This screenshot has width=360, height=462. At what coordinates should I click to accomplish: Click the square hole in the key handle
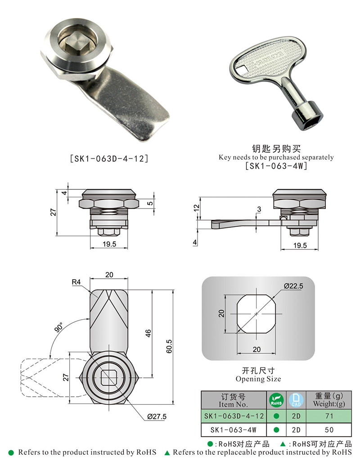click(x=242, y=71)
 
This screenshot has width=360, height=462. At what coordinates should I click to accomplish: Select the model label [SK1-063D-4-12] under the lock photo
click(x=109, y=159)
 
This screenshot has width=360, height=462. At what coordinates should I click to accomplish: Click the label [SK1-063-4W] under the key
click(x=276, y=166)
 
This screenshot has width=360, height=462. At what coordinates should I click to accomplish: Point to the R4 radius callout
click(x=76, y=282)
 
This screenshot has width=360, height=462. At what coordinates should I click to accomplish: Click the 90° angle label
click(x=58, y=327)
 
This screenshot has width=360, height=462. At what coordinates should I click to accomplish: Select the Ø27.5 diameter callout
click(x=157, y=417)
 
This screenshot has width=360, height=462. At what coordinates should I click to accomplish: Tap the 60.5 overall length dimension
click(x=169, y=346)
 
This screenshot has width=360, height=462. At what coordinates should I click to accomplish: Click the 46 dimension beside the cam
click(x=148, y=333)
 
